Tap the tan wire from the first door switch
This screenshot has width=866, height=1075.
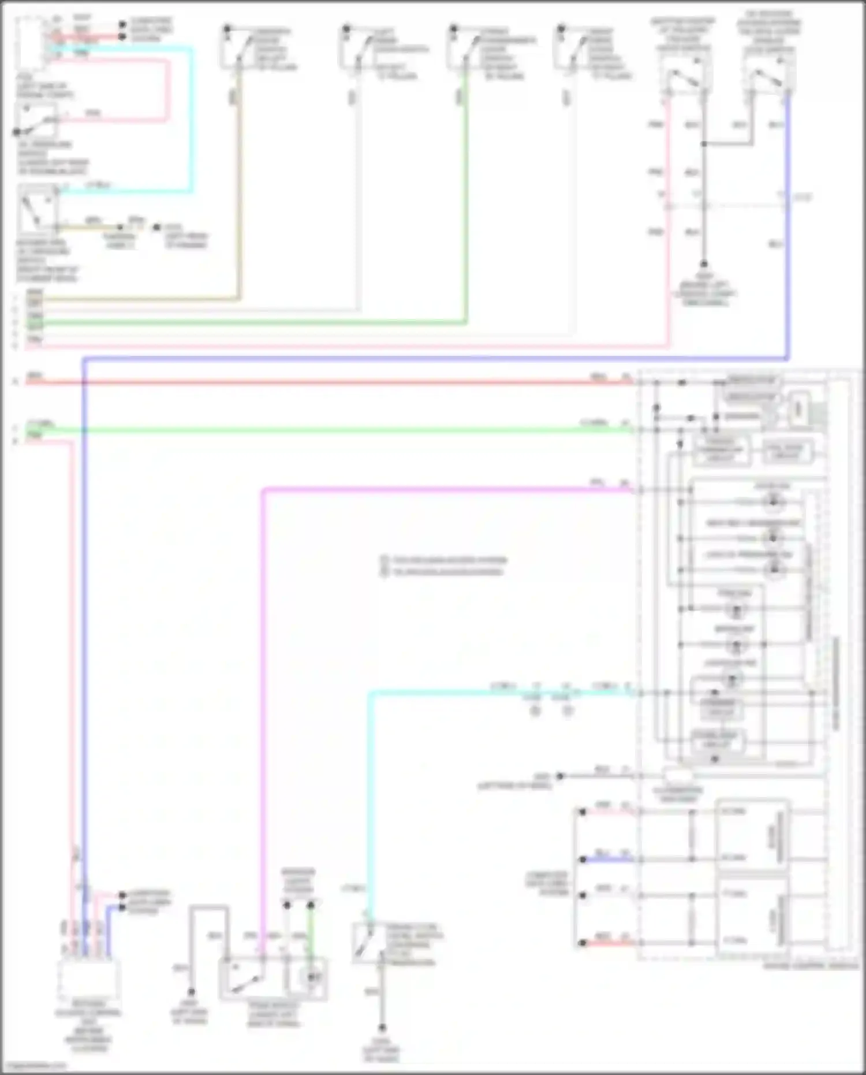tap(238, 191)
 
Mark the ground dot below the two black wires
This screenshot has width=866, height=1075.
tap(704, 265)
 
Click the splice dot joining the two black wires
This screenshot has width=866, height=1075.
tap(704, 143)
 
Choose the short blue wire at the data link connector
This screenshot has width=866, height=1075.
tap(606, 860)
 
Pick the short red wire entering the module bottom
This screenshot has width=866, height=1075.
tap(606, 943)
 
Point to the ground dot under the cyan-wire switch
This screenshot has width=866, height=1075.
tap(382, 1028)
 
